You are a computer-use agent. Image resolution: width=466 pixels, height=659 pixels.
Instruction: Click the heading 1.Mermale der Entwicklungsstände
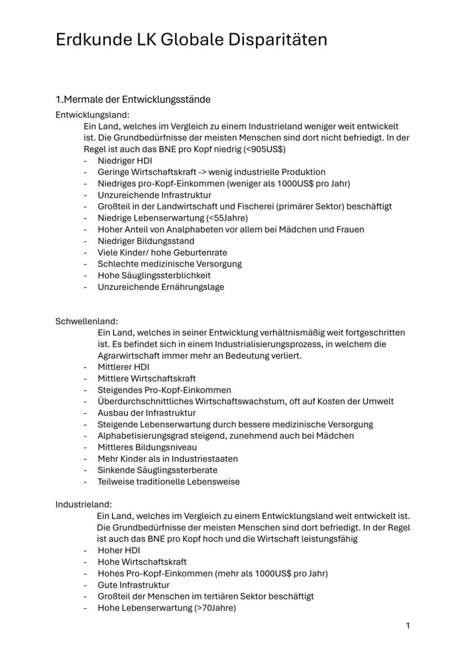(x=133, y=100)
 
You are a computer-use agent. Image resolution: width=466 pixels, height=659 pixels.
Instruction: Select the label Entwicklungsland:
(x=92, y=115)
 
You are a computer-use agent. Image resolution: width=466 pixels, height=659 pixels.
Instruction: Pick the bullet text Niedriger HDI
(x=125, y=161)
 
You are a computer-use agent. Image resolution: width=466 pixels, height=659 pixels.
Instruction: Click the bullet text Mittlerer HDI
(x=124, y=367)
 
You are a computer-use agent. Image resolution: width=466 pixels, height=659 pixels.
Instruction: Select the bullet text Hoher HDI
(x=119, y=550)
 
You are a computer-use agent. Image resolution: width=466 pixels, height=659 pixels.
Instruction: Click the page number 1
(x=408, y=626)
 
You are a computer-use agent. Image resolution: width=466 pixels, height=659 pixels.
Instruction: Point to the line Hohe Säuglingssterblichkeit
(x=154, y=275)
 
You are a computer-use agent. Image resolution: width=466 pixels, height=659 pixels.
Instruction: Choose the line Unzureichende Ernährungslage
(x=161, y=287)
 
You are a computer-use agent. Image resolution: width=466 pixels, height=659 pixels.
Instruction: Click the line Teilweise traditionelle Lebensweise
(x=169, y=482)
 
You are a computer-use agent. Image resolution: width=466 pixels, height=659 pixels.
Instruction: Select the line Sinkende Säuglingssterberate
(x=158, y=470)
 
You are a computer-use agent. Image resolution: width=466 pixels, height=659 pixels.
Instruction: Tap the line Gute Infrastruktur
(x=133, y=585)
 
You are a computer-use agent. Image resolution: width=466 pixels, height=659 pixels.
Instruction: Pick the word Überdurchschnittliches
(x=144, y=401)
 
